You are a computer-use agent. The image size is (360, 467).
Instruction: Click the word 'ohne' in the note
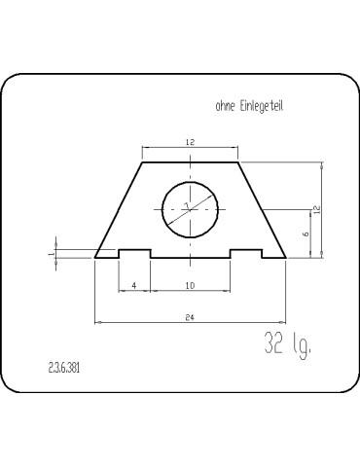pos(225,106)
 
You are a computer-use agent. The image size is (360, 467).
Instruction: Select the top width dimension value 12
pos(190,142)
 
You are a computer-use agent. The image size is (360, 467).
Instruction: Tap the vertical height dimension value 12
pos(316,209)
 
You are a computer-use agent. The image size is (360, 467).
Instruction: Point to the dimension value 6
pos(305,233)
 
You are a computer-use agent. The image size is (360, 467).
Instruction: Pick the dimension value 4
pos(134,285)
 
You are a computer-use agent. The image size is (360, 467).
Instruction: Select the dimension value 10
pos(190,285)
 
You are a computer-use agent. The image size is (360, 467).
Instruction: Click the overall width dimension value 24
pos(190,316)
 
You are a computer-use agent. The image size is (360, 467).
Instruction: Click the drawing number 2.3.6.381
pos(64,370)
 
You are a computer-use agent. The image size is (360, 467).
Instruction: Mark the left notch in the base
pos(135,253)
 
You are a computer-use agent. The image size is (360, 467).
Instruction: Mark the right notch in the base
pos(245,253)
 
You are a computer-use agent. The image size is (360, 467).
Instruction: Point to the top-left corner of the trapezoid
pos(142,162)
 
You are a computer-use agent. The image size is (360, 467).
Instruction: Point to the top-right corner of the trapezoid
pos(237,162)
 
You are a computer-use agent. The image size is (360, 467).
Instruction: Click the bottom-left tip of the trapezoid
pos(95,258)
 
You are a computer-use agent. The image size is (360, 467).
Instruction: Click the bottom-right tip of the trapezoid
pos(285,258)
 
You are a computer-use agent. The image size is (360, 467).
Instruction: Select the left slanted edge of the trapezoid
pos(119,210)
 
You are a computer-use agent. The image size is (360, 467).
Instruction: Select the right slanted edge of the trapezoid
pos(261,210)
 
